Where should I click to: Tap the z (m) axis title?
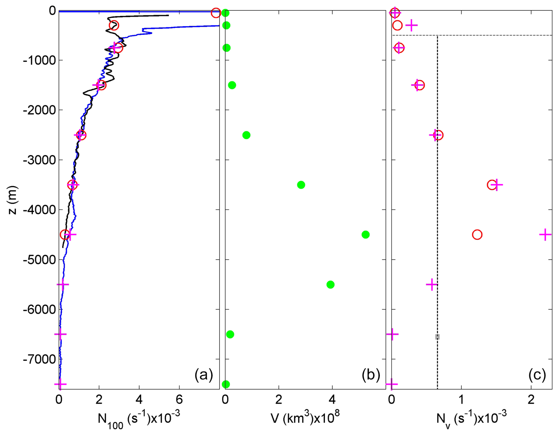[12, 200]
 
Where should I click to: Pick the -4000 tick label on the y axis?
[39, 210]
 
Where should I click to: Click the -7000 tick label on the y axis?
[39, 359]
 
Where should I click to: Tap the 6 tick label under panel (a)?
[179, 400]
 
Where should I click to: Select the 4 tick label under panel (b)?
[332, 400]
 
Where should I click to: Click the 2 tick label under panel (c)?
[531, 400]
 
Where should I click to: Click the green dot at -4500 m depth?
[365, 235]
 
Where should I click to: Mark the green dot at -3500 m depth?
[301, 185]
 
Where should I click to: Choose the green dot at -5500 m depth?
[330, 285]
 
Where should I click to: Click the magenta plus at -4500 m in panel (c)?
[545, 235]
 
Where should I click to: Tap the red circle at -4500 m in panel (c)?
[477, 235]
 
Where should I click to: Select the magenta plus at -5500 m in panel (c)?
[432, 285]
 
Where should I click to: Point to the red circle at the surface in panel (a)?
[216, 13]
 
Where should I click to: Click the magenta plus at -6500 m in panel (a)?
[61, 334]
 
